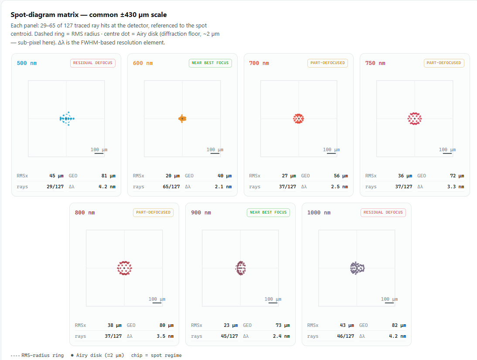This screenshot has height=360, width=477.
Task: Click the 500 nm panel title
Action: [x=27, y=63]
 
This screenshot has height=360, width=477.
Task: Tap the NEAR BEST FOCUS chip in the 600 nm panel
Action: [x=210, y=63]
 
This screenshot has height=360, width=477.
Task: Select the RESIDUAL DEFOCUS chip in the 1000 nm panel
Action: [x=383, y=212]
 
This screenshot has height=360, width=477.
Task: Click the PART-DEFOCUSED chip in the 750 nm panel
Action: [x=444, y=63]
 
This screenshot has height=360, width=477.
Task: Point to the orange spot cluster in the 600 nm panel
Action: [x=182, y=119]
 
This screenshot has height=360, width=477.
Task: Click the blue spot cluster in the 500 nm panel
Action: [x=67, y=119]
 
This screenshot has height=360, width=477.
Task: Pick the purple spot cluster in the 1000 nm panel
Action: [x=357, y=268]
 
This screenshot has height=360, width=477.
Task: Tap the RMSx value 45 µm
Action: [x=56, y=176]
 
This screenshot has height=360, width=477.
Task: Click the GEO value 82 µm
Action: [x=399, y=325]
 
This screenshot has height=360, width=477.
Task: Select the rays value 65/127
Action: [x=171, y=187]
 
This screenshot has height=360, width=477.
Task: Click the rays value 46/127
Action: [x=346, y=336]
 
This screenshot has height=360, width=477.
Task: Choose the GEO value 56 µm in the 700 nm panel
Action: [x=341, y=176]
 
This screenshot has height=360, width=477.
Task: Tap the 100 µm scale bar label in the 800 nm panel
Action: [x=157, y=299]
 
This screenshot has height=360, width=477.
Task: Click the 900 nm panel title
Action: [x=201, y=213]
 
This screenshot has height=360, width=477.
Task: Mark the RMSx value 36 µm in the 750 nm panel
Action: [x=405, y=176]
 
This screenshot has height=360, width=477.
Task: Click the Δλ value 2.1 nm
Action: [x=223, y=187]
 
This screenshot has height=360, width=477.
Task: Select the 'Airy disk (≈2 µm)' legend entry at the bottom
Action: [x=97, y=355]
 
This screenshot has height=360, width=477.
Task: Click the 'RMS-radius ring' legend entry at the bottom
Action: [x=37, y=355]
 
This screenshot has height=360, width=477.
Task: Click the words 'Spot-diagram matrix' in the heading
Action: [x=44, y=14]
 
